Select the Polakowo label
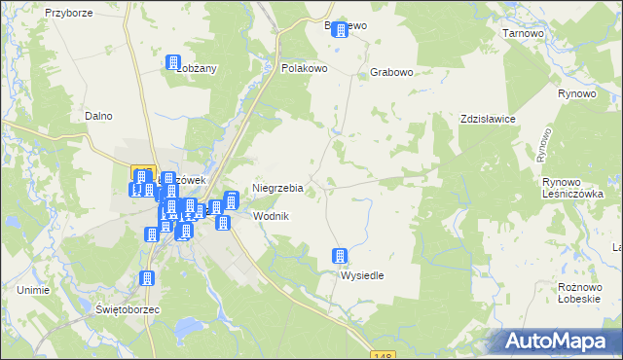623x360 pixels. [x=304, y=69]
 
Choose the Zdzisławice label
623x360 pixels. [x=488, y=118]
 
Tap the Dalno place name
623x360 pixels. [x=98, y=116]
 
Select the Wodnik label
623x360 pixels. [x=271, y=215]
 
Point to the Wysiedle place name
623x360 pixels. [x=361, y=275]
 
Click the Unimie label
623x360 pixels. [x=33, y=290]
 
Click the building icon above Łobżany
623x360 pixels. [x=173, y=61]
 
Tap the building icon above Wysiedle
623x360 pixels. [x=341, y=256]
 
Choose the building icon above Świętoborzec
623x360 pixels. [x=147, y=278]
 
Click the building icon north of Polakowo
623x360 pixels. [x=340, y=30]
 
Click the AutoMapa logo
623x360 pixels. [x=560, y=342]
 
